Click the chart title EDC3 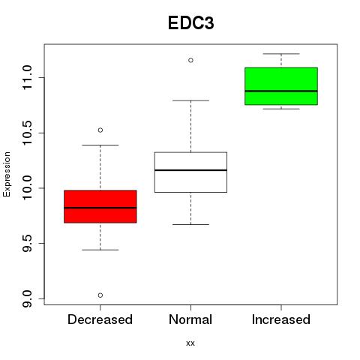pyautogui.click(x=190, y=23)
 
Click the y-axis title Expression pyautogui.click(x=7, y=174)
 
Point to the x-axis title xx pyautogui.click(x=190, y=343)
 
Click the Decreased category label pyautogui.click(x=100, y=319)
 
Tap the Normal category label pyautogui.click(x=190, y=319)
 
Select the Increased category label pyautogui.click(x=281, y=319)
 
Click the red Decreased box pyautogui.click(x=100, y=206)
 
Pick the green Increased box pyautogui.click(x=281, y=86)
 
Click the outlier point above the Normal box pyautogui.click(x=190, y=60)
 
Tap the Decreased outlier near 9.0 pyautogui.click(x=100, y=295)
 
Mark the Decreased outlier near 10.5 pyautogui.click(x=100, y=130)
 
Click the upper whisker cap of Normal pyautogui.click(x=190, y=100)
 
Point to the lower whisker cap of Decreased pyautogui.click(x=100, y=250)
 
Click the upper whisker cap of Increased pyautogui.click(x=281, y=54)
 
